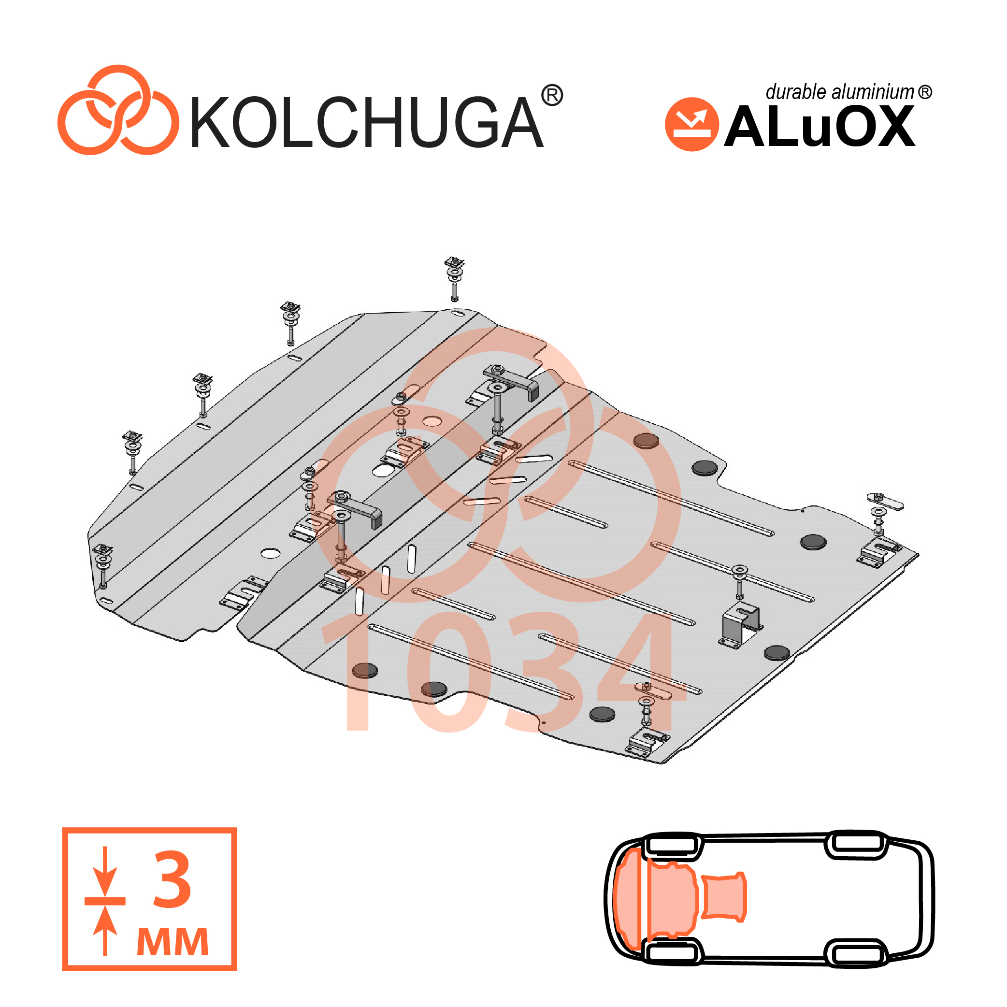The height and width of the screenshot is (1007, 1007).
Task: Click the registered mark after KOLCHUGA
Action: click(x=552, y=95)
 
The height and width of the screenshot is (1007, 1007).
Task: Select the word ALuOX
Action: click(x=820, y=126)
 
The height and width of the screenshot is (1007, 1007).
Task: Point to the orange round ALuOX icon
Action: click(x=691, y=125)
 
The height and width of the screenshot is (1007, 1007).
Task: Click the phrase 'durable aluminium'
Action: click(x=840, y=92)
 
